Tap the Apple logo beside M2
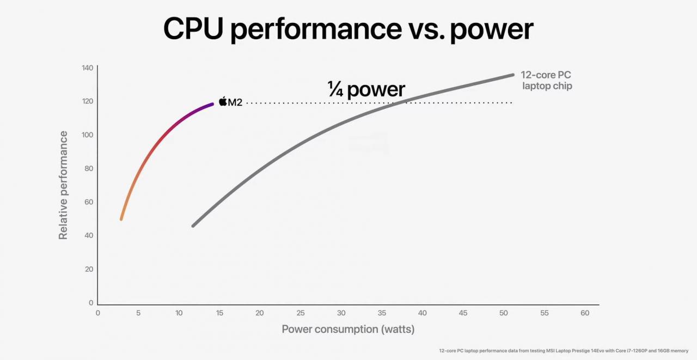tap(223, 101)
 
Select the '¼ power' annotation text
tap(366, 89)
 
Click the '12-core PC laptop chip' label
tap(546, 81)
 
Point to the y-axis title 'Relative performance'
tap(64, 185)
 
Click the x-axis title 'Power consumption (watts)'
tap(348, 329)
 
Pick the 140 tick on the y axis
tap(88, 68)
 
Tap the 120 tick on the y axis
tap(88, 101)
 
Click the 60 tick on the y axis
tap(88, 202)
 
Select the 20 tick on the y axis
tap(88, 269)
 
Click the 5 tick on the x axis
tap(138, 313)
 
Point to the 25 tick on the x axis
tap(301, 313)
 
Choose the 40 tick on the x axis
tap(422, 313)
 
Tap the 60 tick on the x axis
tap(585, 313)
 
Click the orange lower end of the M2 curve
tap(121, 218)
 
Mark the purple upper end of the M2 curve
tap(211, 104)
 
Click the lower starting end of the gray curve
tap(193, 225)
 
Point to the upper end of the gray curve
tap(512, 75)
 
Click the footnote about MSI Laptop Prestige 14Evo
tap(564, 351)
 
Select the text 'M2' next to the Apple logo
tap(235, 102)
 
